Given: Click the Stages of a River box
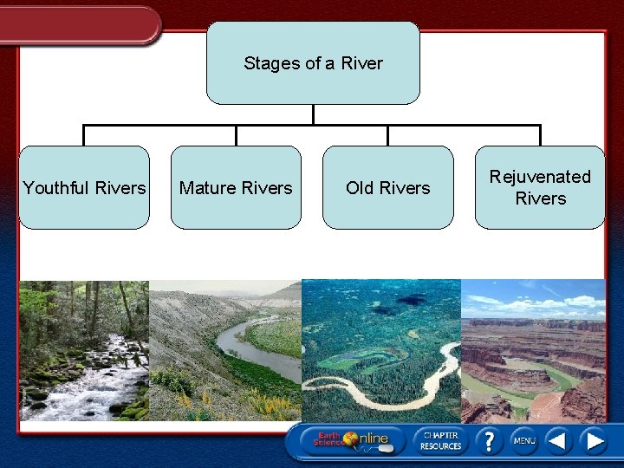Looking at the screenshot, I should tap(313, 63).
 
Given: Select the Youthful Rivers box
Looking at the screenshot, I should tap(84, 188).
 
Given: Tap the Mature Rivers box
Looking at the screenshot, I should tap(236, 188).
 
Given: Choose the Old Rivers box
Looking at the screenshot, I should tap(387, 188).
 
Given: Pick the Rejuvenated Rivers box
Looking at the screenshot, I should tap(540, 188).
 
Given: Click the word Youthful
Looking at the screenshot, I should tap(57, 188).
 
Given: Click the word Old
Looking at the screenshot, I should tap(361, 188).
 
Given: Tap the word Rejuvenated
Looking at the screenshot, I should tap(540, 177).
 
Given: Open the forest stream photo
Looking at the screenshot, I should tap(84, 350).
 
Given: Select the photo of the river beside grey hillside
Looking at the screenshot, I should tap(225, 350).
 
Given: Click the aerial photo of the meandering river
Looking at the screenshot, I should tap(381, 350).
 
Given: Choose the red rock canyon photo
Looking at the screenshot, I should tap(533, 350).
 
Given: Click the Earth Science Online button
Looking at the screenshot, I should tap(351, 440).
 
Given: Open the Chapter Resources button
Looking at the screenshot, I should tap(441, 440).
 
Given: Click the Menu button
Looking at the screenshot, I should tap(523, 441).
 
